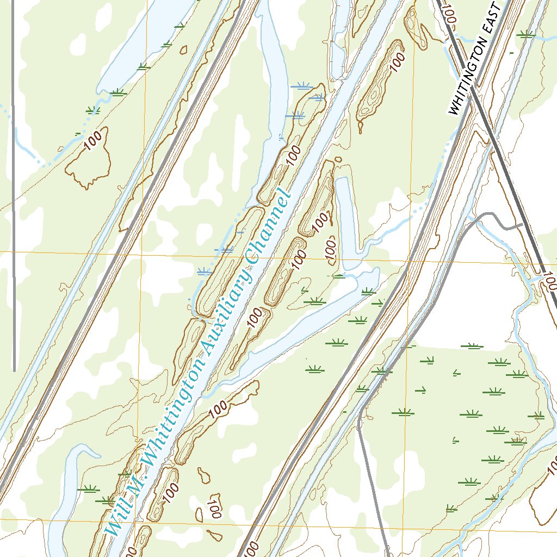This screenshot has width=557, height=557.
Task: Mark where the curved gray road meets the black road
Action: point(521,224)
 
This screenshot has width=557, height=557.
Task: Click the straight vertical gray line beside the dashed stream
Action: point(13,163)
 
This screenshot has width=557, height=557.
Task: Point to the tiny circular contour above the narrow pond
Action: point(338,159)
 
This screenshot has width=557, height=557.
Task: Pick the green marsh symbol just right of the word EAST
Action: point(525,34)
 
